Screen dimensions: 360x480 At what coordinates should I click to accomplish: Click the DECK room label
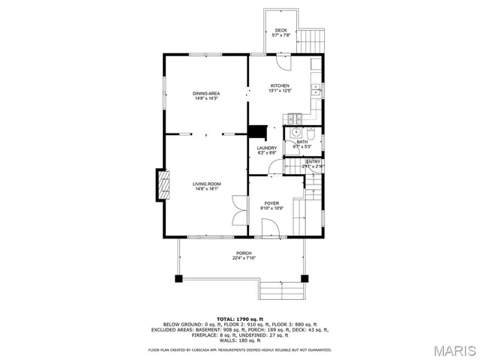pos(280,30)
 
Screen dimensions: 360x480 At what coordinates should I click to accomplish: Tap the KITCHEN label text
pos(280,86)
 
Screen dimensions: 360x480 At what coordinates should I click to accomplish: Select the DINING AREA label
pos(206,93)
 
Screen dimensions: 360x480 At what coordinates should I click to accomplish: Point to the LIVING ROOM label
pos(206,184)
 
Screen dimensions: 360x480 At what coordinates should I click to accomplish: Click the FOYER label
pos(270,202)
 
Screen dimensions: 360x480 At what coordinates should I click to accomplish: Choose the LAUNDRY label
pos(267,148)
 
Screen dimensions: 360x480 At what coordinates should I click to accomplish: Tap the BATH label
pos(301,142)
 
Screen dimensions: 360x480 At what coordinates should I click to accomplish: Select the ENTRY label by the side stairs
pos(313,161)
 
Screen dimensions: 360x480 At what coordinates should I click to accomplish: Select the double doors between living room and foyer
pos(239,208)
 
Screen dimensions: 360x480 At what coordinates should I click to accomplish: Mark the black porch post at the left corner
pos(179,278)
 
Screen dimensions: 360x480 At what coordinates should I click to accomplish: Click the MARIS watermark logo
pos(454,350)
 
